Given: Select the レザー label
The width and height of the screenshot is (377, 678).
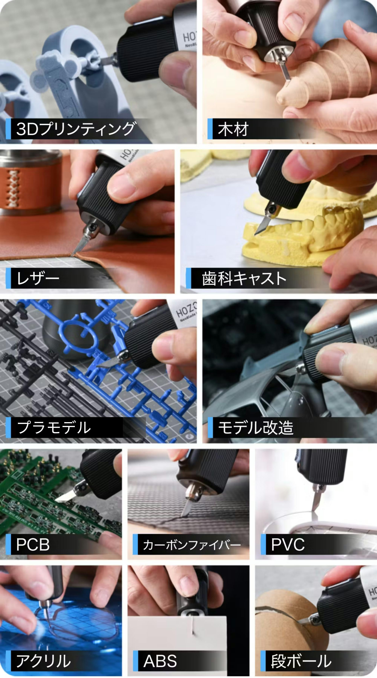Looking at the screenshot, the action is coord(38,278).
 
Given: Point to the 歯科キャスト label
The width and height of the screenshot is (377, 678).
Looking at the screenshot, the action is coord(244,278).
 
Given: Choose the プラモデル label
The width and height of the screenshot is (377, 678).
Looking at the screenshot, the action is coord(54,427).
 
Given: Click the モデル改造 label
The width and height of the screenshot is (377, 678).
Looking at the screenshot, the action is coord(256,427).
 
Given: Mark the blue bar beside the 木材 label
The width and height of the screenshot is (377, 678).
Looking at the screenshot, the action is coord(210,129).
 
